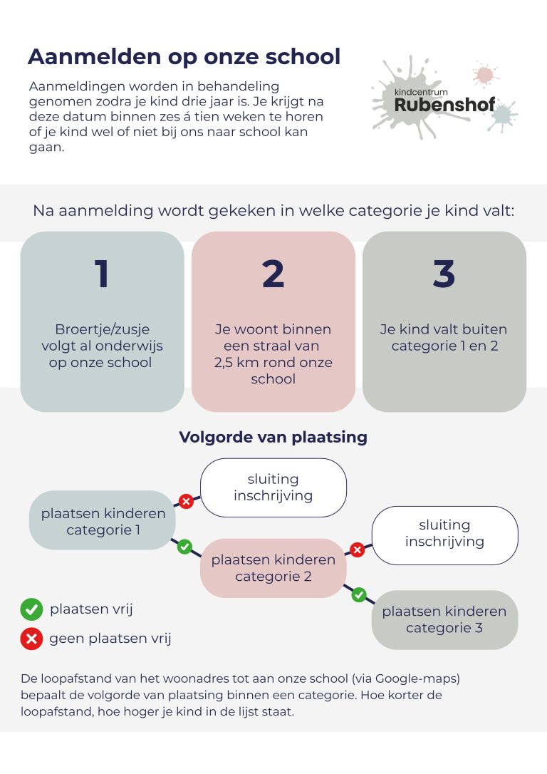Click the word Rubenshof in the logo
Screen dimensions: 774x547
click(444, 105)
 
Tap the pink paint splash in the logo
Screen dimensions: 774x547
click(484, 74)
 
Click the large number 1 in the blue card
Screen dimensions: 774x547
click(102, 274)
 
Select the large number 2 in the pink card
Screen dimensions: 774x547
click(273, 274)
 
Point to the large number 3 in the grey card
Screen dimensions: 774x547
click(444, 274)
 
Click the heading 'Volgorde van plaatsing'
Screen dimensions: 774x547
click(273, 437)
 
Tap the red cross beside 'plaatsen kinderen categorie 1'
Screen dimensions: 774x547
click(186, 502)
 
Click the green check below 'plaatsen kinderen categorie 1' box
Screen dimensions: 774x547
click(184, 547)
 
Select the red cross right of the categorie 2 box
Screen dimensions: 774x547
click(358, 549)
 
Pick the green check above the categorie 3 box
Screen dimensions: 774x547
click(359, 594)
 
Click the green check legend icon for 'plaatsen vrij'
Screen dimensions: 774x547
click(31, 609)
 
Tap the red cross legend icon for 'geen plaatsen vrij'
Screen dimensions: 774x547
click(31, 639)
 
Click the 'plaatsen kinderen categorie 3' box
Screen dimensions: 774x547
click(444, 619)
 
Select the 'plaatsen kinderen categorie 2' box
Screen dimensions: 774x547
click(273, 568)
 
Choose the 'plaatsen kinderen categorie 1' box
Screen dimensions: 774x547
click(103, 521)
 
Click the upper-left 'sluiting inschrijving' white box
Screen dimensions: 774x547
click(273, 487)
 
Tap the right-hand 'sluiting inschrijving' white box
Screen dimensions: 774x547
click(444, 534)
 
